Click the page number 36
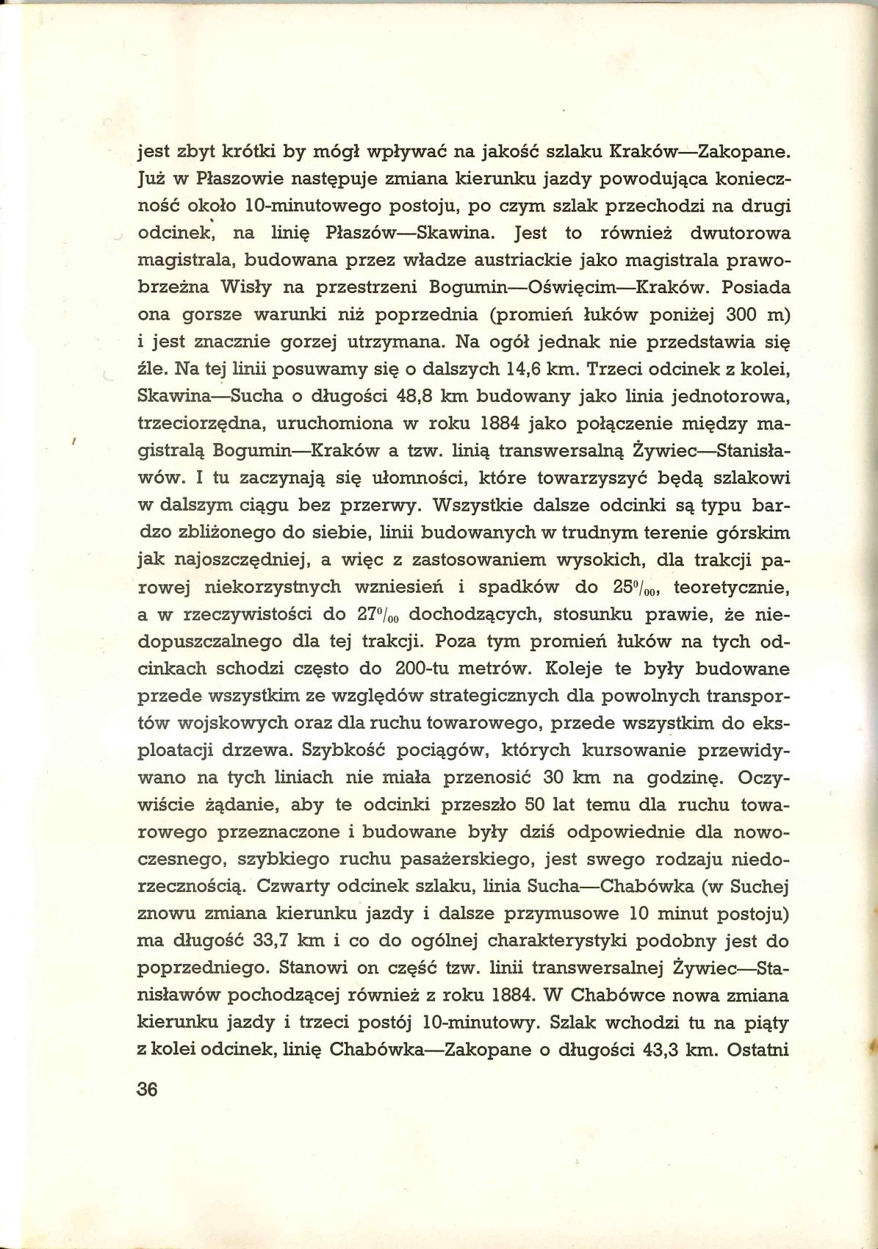[148, 1089]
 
